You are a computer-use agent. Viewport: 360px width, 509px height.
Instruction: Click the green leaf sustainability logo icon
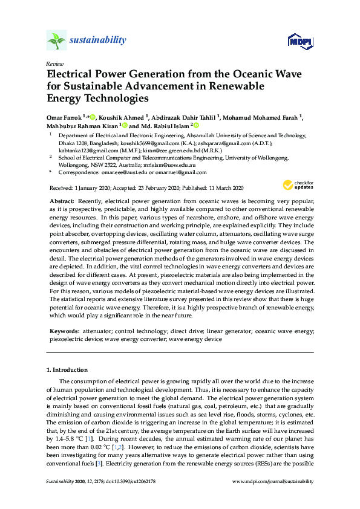(x=56, y=41)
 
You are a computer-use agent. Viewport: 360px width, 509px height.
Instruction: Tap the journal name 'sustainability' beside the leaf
(x=98, y=41)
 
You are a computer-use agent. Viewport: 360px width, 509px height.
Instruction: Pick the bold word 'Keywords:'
(x=64, y=332)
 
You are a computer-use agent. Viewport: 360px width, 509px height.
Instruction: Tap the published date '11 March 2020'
(x=221, y=188)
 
